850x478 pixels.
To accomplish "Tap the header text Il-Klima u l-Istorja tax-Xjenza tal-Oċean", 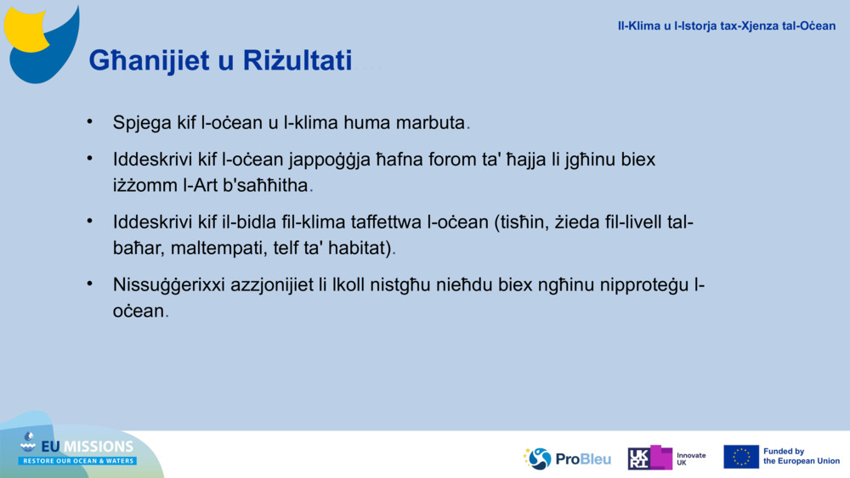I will pyautogui.click(x=726, y=25).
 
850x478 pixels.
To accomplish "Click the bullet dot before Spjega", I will pyautogui.click(x=89, y=121).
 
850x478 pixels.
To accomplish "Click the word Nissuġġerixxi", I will pyautogui.click(x=169, y=285).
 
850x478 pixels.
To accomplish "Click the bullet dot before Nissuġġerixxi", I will pyautogui.click(x=89, y=284).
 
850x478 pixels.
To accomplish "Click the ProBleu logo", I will pyautogui.click(x=568, y=458).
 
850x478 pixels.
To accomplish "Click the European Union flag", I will pyautogui.click(x=740, y=457).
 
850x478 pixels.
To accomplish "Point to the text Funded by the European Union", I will pyautogui.click(x=801, y=457).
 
